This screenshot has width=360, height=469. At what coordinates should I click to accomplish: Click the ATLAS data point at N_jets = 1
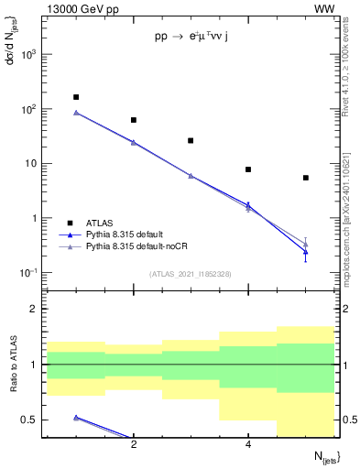pyautogui.click(x=76, y=97)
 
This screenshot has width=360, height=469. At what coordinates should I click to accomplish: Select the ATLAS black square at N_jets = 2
pyautogui.click(x=134, y=120)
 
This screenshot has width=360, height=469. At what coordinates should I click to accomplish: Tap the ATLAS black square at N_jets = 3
pyautogui.click(x=191, y=140)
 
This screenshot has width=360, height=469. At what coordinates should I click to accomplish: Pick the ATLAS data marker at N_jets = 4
pyautogui.click(x=248, y=169)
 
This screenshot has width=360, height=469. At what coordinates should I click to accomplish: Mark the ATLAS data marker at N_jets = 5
pyautogui.click(x=306, y=178)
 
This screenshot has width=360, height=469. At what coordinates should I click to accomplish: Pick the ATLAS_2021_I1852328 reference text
pyautogui.click(x=190, y=274)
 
